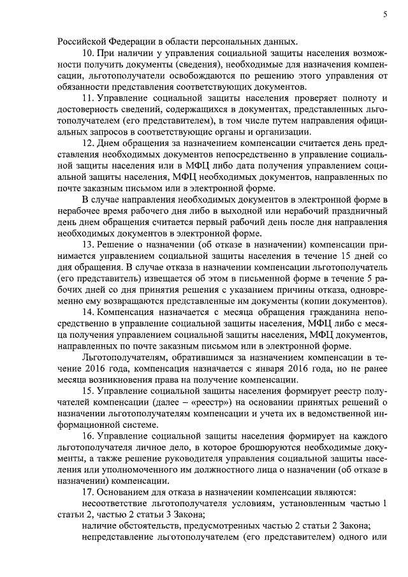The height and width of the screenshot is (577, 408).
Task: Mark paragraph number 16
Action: pyautogui.click(x=89, y=435)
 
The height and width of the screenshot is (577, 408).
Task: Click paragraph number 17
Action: pyautogui.click(x=89, y=493)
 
